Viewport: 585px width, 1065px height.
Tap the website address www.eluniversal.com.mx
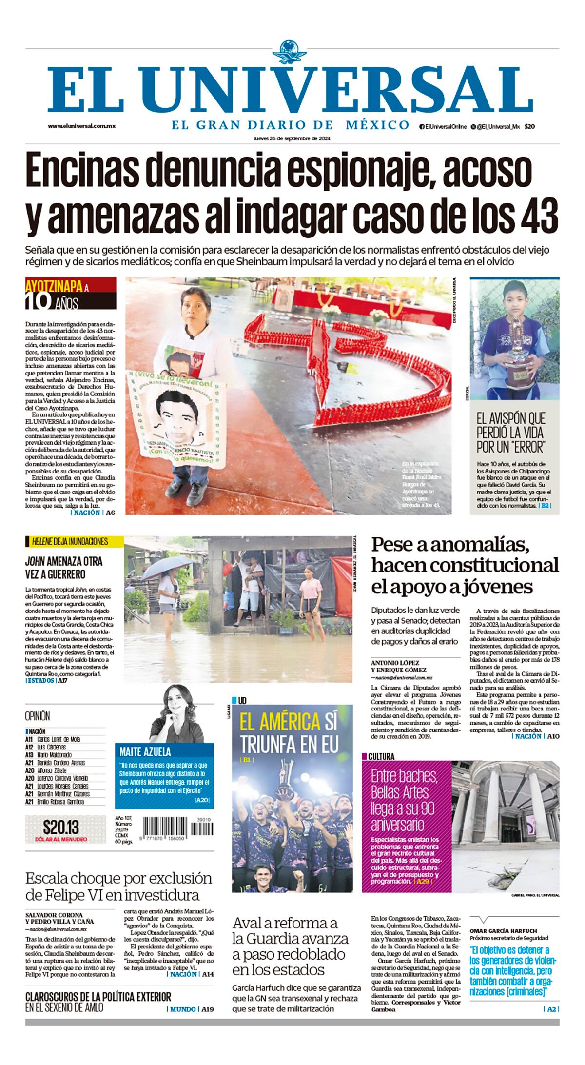81,126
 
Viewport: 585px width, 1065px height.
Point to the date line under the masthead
292,138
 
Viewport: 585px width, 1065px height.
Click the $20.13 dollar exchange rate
61,827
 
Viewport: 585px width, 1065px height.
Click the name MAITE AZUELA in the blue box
146,751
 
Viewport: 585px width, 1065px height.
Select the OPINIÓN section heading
38,716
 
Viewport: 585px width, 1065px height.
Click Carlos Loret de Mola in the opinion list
58,739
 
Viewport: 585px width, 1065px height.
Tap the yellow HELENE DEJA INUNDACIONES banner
67,541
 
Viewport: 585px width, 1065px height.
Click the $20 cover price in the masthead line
529,126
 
